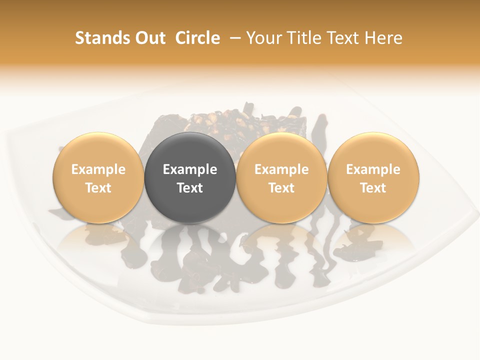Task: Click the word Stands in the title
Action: click(x=100, y=38)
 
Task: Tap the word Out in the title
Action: click(x=148, y=38)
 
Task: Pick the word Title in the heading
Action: click(x=302, y=38)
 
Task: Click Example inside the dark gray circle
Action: click(x=190, y=169)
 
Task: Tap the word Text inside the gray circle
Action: click(x=190, y=188)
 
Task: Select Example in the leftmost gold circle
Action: click(x=98, y=169)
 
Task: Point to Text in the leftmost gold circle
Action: click(x=98, y=188)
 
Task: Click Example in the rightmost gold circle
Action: click(x=373, y=169)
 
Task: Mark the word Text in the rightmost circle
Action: click(x=373, y=188)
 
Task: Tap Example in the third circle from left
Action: click(x=281, y=169)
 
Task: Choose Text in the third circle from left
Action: click(x=281, y=188)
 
